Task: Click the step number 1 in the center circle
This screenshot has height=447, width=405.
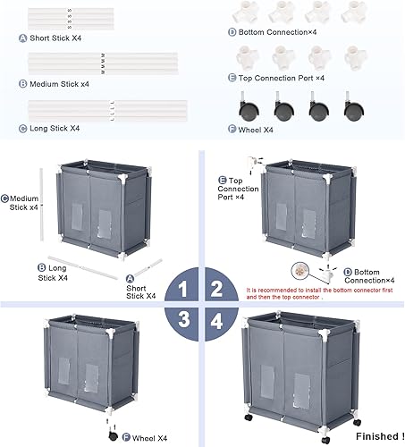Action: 182,288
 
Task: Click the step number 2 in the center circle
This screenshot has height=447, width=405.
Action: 216,288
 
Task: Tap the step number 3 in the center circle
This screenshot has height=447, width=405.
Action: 182,320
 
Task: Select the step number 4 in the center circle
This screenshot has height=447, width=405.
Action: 216,320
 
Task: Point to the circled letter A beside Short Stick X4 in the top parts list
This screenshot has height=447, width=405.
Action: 21,38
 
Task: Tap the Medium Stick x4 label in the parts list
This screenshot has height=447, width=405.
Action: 60,83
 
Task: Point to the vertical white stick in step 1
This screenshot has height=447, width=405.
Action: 42,204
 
